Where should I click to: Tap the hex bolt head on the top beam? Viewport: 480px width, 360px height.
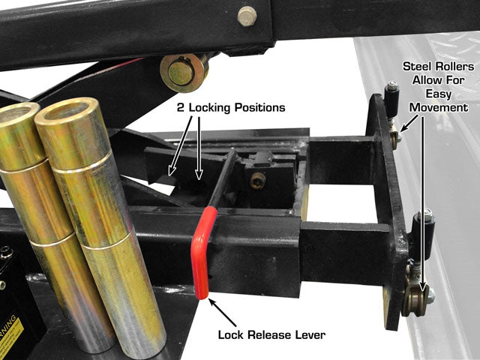pos(247,16)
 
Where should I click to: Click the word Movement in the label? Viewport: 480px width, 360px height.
pos(439,107)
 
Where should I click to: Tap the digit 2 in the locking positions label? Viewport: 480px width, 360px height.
pos(181,108)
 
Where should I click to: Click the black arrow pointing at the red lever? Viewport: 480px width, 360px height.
pos(223,313)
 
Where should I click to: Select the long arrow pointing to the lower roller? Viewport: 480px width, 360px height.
pos(423,203)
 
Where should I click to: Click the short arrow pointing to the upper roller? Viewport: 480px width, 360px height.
pos(408,123)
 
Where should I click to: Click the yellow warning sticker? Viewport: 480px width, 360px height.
pos(10,332)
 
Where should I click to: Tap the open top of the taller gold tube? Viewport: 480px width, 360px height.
pos(67,112)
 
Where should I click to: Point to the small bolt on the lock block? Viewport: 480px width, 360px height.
pos(257,181)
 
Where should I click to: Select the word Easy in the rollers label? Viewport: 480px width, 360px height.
pos(438,94)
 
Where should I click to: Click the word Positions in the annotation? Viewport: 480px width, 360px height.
pos(260,108)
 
